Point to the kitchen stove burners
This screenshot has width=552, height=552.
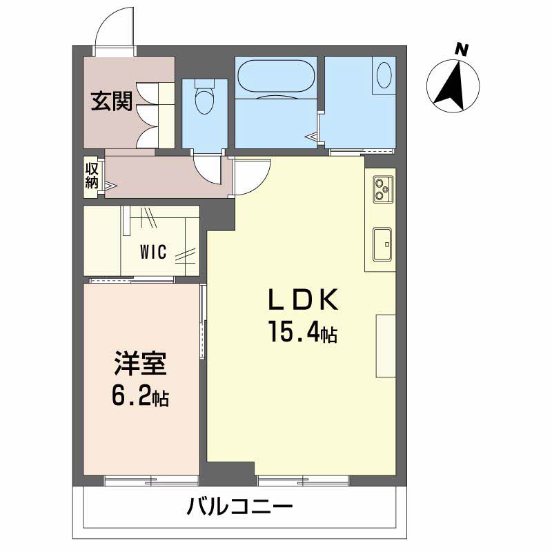coord(382,188)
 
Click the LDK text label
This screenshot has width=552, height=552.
coord(303,300)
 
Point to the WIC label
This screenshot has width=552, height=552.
coord(153,252)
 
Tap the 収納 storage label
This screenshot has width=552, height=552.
coord(92,176)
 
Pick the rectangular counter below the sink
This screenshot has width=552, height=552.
coord(386,346)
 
